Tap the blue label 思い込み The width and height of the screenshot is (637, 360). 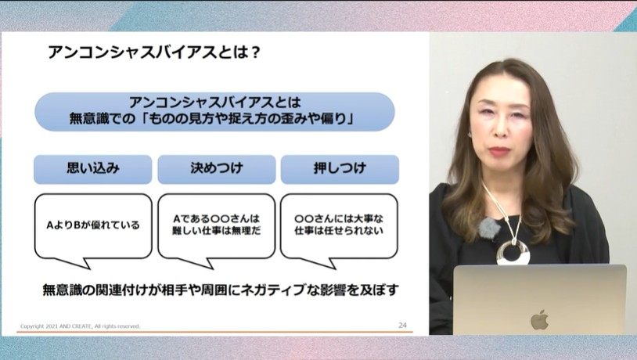[93, 168]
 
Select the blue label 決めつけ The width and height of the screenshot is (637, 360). [216, 168]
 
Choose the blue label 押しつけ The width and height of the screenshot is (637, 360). [339, 168]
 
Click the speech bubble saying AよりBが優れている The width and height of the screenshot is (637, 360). [93, 225]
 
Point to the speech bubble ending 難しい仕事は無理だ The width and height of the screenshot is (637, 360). [216, 225]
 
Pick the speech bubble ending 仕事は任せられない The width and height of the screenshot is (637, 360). [339, 225]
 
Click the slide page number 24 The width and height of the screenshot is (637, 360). [402, 325]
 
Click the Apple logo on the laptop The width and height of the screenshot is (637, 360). [539, 319]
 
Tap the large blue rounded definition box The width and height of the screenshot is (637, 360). [214, 111]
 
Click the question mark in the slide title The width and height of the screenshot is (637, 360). [255, 52]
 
